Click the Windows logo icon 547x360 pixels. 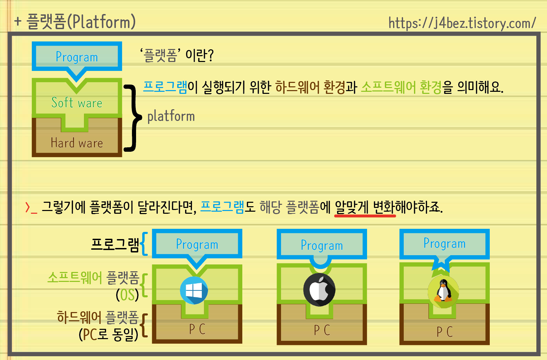[x=194, y=290]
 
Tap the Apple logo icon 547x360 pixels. [x=319, y=290]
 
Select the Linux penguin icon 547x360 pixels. [x=443, y=291]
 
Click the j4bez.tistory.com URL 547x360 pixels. [x=462, y=23]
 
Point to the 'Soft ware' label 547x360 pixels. [x=77, y=103]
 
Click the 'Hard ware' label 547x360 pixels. [x=77, y=143]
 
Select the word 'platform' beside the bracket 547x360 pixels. [x=171, y=116]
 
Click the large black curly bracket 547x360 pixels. [x=133, y=117]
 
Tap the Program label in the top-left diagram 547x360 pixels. [x=77, y=57]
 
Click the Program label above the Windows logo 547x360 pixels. [x=197, y=244]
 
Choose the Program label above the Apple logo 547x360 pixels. [x=322, y=245]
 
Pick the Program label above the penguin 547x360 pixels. [x=445, y=244]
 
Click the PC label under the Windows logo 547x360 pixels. [x=197, y=329]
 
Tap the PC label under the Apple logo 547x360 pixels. [x=322, y=330]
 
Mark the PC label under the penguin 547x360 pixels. [x=445, y=332]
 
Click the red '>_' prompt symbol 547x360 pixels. [x=31, y=208]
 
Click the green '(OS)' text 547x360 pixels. [x=127, y=295]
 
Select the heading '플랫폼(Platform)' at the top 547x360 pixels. [x=81, y=22]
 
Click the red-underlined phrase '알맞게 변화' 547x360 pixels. [x=365, y=207]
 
